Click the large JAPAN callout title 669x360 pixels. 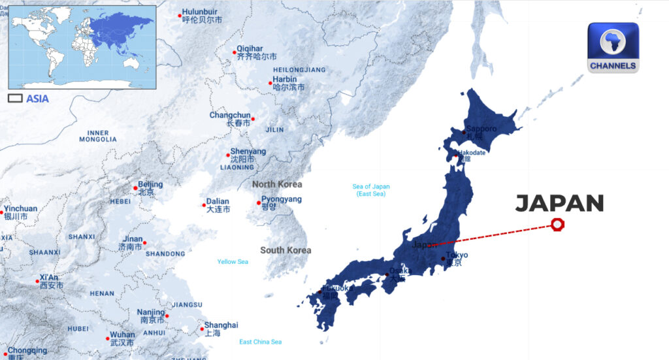[x=559, y=203]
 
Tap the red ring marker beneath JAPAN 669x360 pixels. [x=557, y=225]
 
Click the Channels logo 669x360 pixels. [x=613, y=48]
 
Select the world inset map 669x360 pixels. [x=82, y=47]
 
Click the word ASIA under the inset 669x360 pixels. [x=37, y=99]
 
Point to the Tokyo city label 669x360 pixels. [x=457, y=255]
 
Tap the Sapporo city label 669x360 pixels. [x=481, y=129]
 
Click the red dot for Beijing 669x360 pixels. [x=136, y=188]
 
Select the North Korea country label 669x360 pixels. [x=277, y=184]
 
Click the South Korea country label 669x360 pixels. [x=286, y=250]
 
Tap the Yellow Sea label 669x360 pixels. [x=233, y=262]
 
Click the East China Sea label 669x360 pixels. [x=260, y=342]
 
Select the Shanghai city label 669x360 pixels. [x=221, y=325]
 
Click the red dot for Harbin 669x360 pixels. [x=270, y=83]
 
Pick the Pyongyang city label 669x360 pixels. [x=282, y=199]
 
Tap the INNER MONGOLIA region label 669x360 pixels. [x=98, y=136]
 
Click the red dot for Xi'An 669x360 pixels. [x=38, y=282]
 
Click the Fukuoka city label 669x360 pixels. [x=338, y=288]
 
